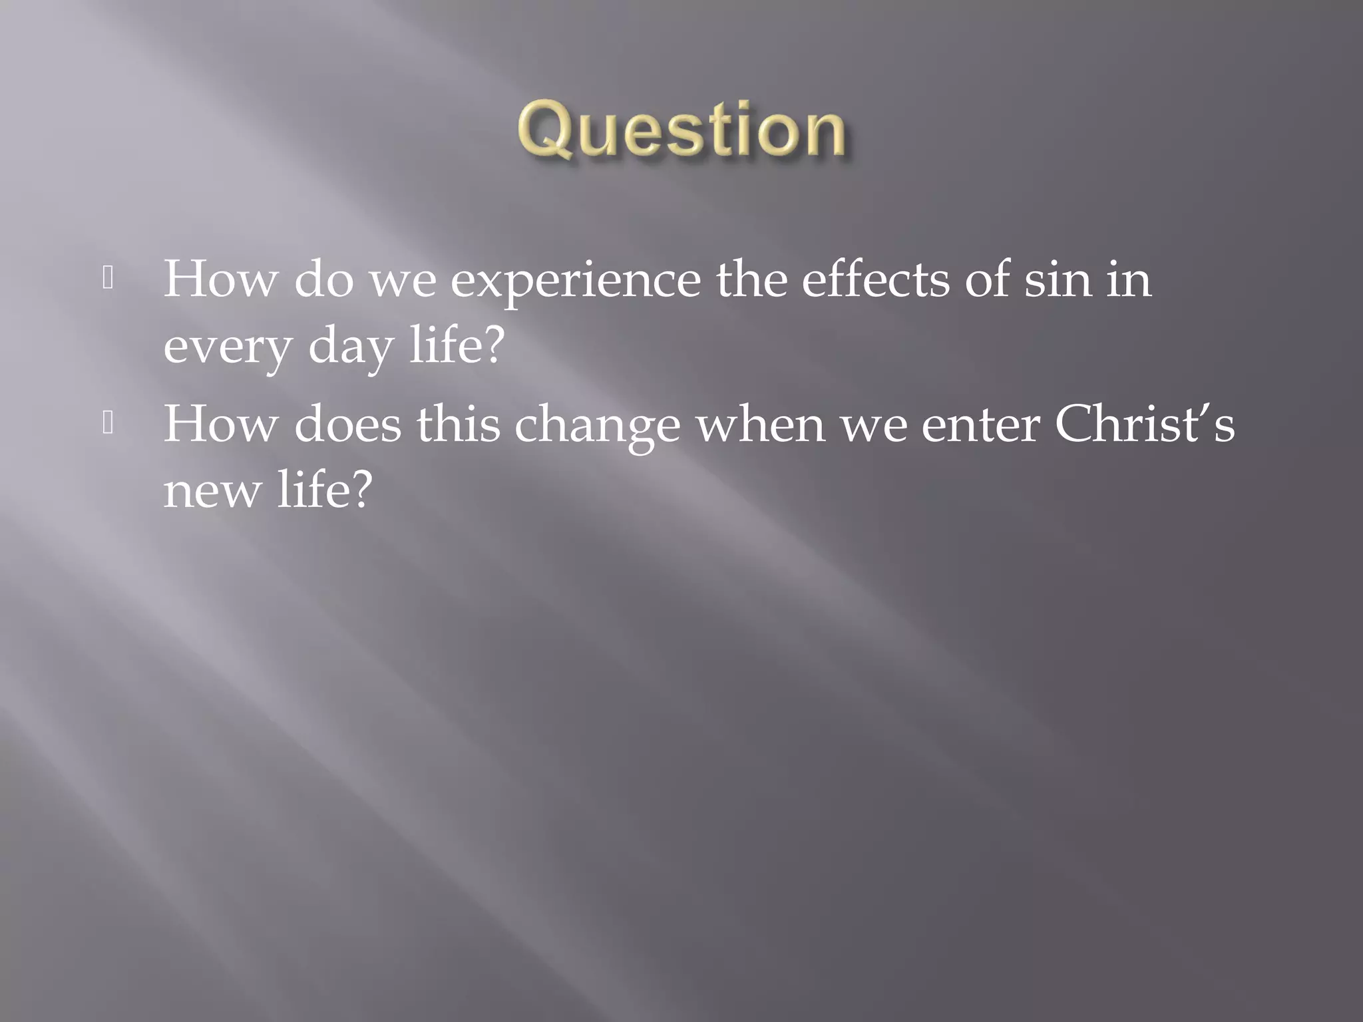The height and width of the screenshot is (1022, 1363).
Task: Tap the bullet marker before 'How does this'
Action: tap(108, 424)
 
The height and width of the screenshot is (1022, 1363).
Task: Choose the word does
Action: tap(347, 425)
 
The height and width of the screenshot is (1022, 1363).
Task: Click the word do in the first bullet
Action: tap(323, 279)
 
